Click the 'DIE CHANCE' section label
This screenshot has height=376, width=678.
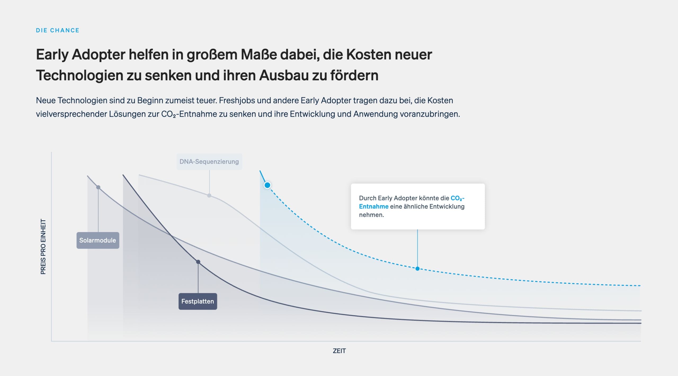pyautogui.click(x=57, y=30)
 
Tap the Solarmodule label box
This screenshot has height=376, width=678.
pyautogui.click(x=98, y=240)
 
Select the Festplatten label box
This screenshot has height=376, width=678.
pyautogui.click(x=198, y=301)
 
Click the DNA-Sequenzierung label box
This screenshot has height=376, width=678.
pyautogui.click(x=209, y=161)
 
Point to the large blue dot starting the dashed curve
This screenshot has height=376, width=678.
pyautogui.click(x=267, y=185)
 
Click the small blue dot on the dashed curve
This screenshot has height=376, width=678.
pyautogui.click(x=417, y=269)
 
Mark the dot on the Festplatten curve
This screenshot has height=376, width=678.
pyautogui.click(x=198, y=262)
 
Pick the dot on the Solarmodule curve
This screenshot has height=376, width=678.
pyautogui.click(x=98, y=187)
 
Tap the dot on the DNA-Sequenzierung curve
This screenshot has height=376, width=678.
pyautogui.click(x=209, y=195)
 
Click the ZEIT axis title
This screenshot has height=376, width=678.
pyautogui.click(x=339, y=351)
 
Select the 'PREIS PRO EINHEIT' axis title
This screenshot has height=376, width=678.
pyautogui.click(x=43, y=247)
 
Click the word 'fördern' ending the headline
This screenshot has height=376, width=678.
pyautogui.click(x=354, y=75)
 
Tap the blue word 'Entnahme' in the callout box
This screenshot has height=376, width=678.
pyautogui.click(x=374, y=206)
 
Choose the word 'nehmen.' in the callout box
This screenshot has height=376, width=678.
pyautogui.click(x=372, y=215)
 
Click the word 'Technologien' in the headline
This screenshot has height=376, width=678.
pyautogui.click(x=80, y=76)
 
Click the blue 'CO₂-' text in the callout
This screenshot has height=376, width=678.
pyautogui.click(x=458, y=198)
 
